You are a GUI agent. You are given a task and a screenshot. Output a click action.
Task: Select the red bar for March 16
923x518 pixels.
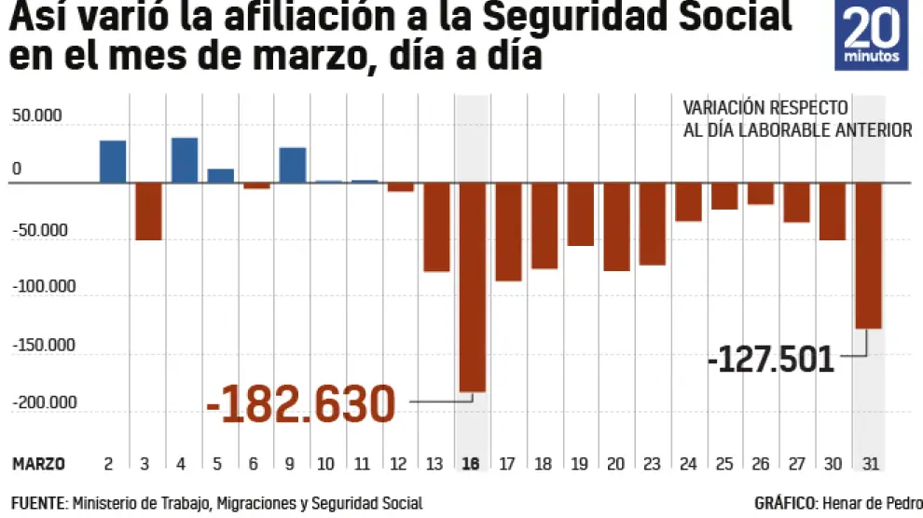[473, 286]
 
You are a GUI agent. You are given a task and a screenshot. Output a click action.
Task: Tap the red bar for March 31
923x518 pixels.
[868, 255]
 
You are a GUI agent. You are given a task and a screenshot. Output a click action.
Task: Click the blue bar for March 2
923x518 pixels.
[113, 161]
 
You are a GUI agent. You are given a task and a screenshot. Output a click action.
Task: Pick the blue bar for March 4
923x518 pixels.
[185, 160]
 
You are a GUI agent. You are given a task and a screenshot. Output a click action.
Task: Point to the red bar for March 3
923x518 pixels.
[149, 211]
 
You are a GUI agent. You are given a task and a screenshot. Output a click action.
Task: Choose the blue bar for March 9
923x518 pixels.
[293, 165]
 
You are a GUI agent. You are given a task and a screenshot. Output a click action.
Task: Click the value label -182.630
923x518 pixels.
[301, 404]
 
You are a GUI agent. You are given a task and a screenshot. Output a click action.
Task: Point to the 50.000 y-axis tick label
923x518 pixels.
[36, 117]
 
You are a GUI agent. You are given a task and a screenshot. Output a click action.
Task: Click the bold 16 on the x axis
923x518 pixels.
[473, 463]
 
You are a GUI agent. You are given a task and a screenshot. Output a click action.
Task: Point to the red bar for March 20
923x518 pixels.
[616, 226]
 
